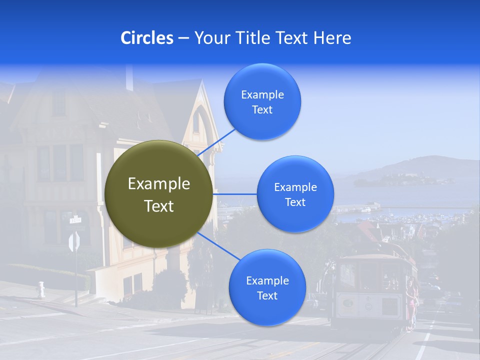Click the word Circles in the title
[x=146, y=38]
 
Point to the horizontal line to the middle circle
[x=234, y=193]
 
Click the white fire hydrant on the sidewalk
[x=41, y=289]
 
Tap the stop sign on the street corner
[x=74, y=242]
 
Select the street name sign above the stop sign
[x=75, y=219]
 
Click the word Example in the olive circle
[x=158, y=184]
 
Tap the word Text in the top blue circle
[x=262, y=110]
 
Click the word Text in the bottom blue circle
[x=267, y=295]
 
